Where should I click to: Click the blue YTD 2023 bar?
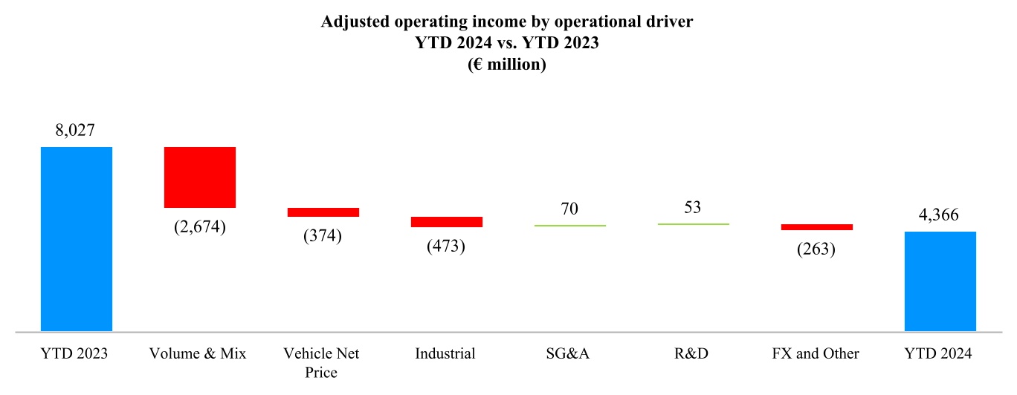(77, 238)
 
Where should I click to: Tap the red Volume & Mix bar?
(200, 177)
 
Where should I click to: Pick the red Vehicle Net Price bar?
(323, 212)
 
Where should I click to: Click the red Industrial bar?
(447, 222)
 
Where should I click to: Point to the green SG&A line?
(570, 225)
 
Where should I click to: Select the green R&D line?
(694, 223)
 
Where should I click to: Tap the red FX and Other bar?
(817, 227)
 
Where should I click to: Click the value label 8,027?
(77, 130)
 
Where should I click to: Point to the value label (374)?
(323, 236)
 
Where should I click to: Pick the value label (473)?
(446, 247)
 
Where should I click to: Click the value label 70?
(569, 209)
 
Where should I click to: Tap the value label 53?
(693, 206)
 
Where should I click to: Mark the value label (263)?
(816, 249)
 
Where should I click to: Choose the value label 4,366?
(940, 215)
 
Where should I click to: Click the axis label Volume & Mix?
(198, 353)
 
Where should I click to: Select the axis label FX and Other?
(816, 353)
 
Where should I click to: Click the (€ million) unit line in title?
(507, 65)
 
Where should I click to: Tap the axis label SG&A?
(569, 353)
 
